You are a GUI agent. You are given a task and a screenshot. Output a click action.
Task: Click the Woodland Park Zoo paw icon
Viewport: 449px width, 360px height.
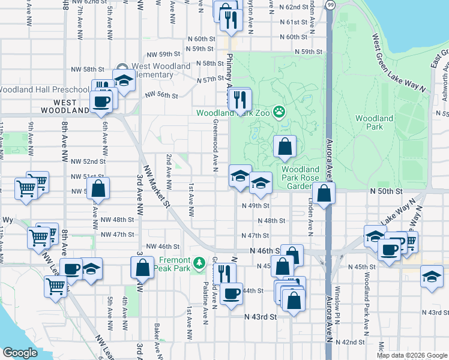point(279,112)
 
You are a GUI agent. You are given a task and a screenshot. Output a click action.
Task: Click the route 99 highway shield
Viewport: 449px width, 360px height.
point(330,4)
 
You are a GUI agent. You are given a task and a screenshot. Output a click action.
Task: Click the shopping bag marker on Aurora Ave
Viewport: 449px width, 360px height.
point(324,194)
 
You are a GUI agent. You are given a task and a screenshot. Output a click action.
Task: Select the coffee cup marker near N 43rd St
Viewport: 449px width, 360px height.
point(231,293)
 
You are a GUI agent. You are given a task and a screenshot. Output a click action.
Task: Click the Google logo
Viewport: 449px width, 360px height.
point(20,353)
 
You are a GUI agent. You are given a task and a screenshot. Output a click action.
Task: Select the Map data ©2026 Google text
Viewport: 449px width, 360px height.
point(412,355)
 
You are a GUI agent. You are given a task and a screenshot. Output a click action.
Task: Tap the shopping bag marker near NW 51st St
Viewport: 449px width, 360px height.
point(98,188)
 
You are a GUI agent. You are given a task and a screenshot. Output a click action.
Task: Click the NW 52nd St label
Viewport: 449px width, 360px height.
point(88,161)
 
